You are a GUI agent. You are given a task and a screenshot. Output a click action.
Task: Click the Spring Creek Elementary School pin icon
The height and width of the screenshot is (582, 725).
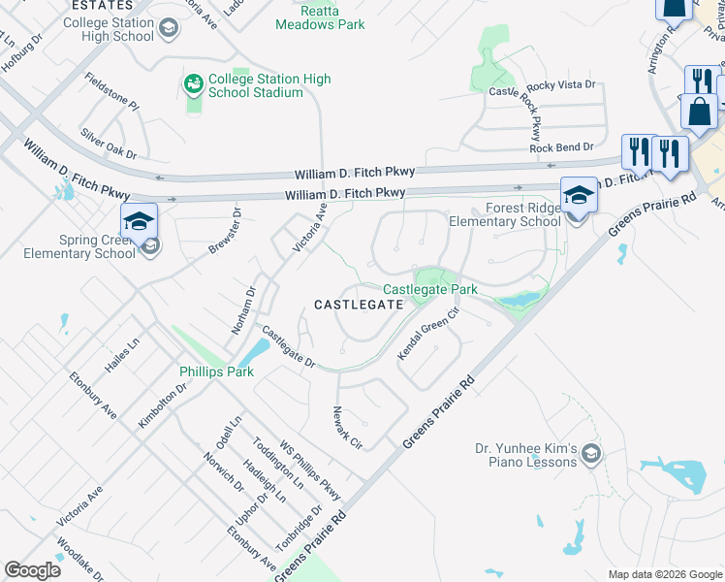point(139,219)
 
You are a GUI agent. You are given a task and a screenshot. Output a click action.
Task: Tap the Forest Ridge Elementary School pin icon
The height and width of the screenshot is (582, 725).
point(579,195)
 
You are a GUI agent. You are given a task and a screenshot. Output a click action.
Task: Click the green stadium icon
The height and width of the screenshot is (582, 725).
point(193,84)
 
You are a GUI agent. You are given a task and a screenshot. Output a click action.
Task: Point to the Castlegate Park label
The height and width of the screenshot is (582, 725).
point(430,289)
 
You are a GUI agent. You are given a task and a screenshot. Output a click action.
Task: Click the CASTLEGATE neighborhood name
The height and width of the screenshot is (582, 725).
point(358,305)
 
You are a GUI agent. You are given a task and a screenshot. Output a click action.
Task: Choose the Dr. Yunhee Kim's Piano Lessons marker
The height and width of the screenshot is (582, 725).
point(593,453)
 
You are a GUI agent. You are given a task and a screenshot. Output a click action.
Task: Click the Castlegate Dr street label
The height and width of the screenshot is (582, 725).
point(289,346)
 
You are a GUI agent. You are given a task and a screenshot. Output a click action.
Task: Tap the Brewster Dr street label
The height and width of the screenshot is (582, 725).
point(224,231)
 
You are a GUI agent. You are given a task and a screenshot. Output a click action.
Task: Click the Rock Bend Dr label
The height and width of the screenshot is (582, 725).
point(561,147)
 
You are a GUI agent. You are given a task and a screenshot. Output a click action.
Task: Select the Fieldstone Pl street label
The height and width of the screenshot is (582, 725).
point(111,91)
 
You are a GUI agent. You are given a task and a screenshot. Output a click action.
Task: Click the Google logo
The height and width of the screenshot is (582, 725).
point(32,570)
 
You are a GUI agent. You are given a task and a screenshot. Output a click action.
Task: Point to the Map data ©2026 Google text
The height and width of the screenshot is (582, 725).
point(665,574)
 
